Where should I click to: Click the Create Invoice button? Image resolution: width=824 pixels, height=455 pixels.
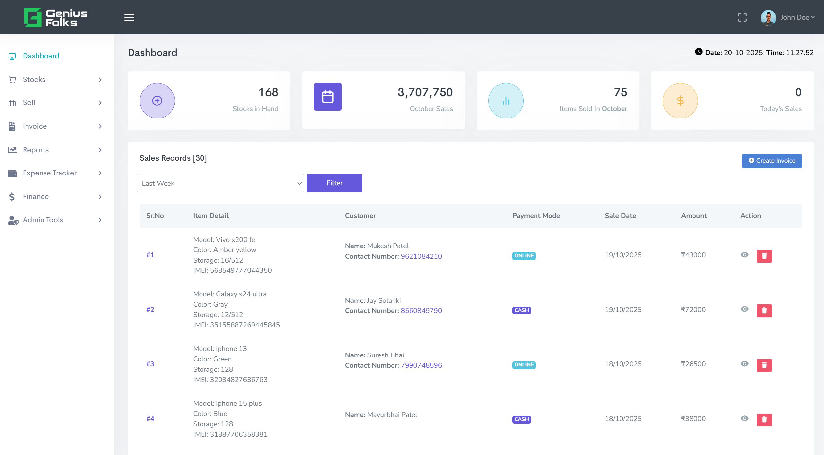coord(771,161)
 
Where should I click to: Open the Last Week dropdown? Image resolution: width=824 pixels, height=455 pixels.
coord(220,183)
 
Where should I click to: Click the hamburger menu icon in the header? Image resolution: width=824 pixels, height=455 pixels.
coord(129,17)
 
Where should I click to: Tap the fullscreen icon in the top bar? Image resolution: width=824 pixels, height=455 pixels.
coord(742,17)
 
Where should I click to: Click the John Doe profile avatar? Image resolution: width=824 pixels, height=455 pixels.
coord(768,17)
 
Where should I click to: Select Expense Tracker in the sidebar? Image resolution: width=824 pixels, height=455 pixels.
coord(50,173)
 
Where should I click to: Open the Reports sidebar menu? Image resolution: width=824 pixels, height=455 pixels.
coord(36,150)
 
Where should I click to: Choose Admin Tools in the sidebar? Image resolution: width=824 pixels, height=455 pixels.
coord(43,220)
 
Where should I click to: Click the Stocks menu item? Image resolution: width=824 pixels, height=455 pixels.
coord(34,80)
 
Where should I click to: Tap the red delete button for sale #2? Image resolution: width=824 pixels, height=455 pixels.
coord(764,311)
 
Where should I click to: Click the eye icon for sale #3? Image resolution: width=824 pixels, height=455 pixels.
coord(745,364)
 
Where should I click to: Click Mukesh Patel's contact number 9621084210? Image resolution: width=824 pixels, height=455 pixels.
coord(421,256)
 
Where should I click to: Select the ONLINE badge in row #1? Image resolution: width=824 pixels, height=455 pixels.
coord(523,256)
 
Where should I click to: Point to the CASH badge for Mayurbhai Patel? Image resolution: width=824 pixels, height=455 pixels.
coord(521,419)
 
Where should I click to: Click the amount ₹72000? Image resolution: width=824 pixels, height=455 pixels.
coord(693,310)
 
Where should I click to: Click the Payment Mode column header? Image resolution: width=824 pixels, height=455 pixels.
coord(536,216)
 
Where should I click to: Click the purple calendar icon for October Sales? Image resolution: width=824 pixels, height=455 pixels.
coord(327,97)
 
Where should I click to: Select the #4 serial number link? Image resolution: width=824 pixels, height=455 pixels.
coord(150,419)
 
